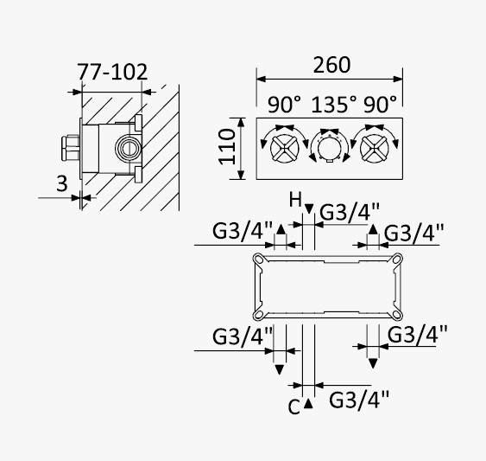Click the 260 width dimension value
(331, 65)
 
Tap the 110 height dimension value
(227, 147)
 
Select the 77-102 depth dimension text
(112, 72)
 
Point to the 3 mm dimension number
(62, 183)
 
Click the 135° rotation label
(334, 105)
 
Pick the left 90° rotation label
(284, 105)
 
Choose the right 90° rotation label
(380, 105)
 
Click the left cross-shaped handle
(285, 148)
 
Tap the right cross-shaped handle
(375, 148)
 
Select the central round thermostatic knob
(330, 148)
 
